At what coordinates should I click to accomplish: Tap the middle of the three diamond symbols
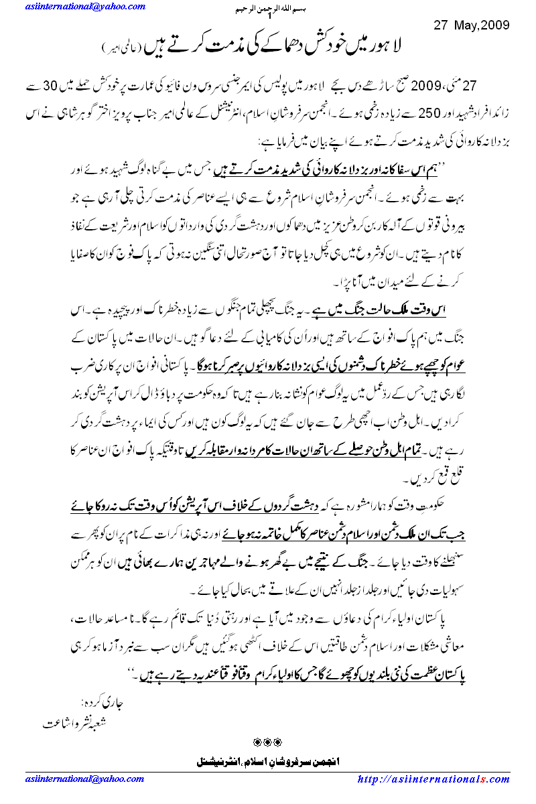(x=268, y=742)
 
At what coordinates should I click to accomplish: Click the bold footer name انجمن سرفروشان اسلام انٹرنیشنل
(x=267, y=762)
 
